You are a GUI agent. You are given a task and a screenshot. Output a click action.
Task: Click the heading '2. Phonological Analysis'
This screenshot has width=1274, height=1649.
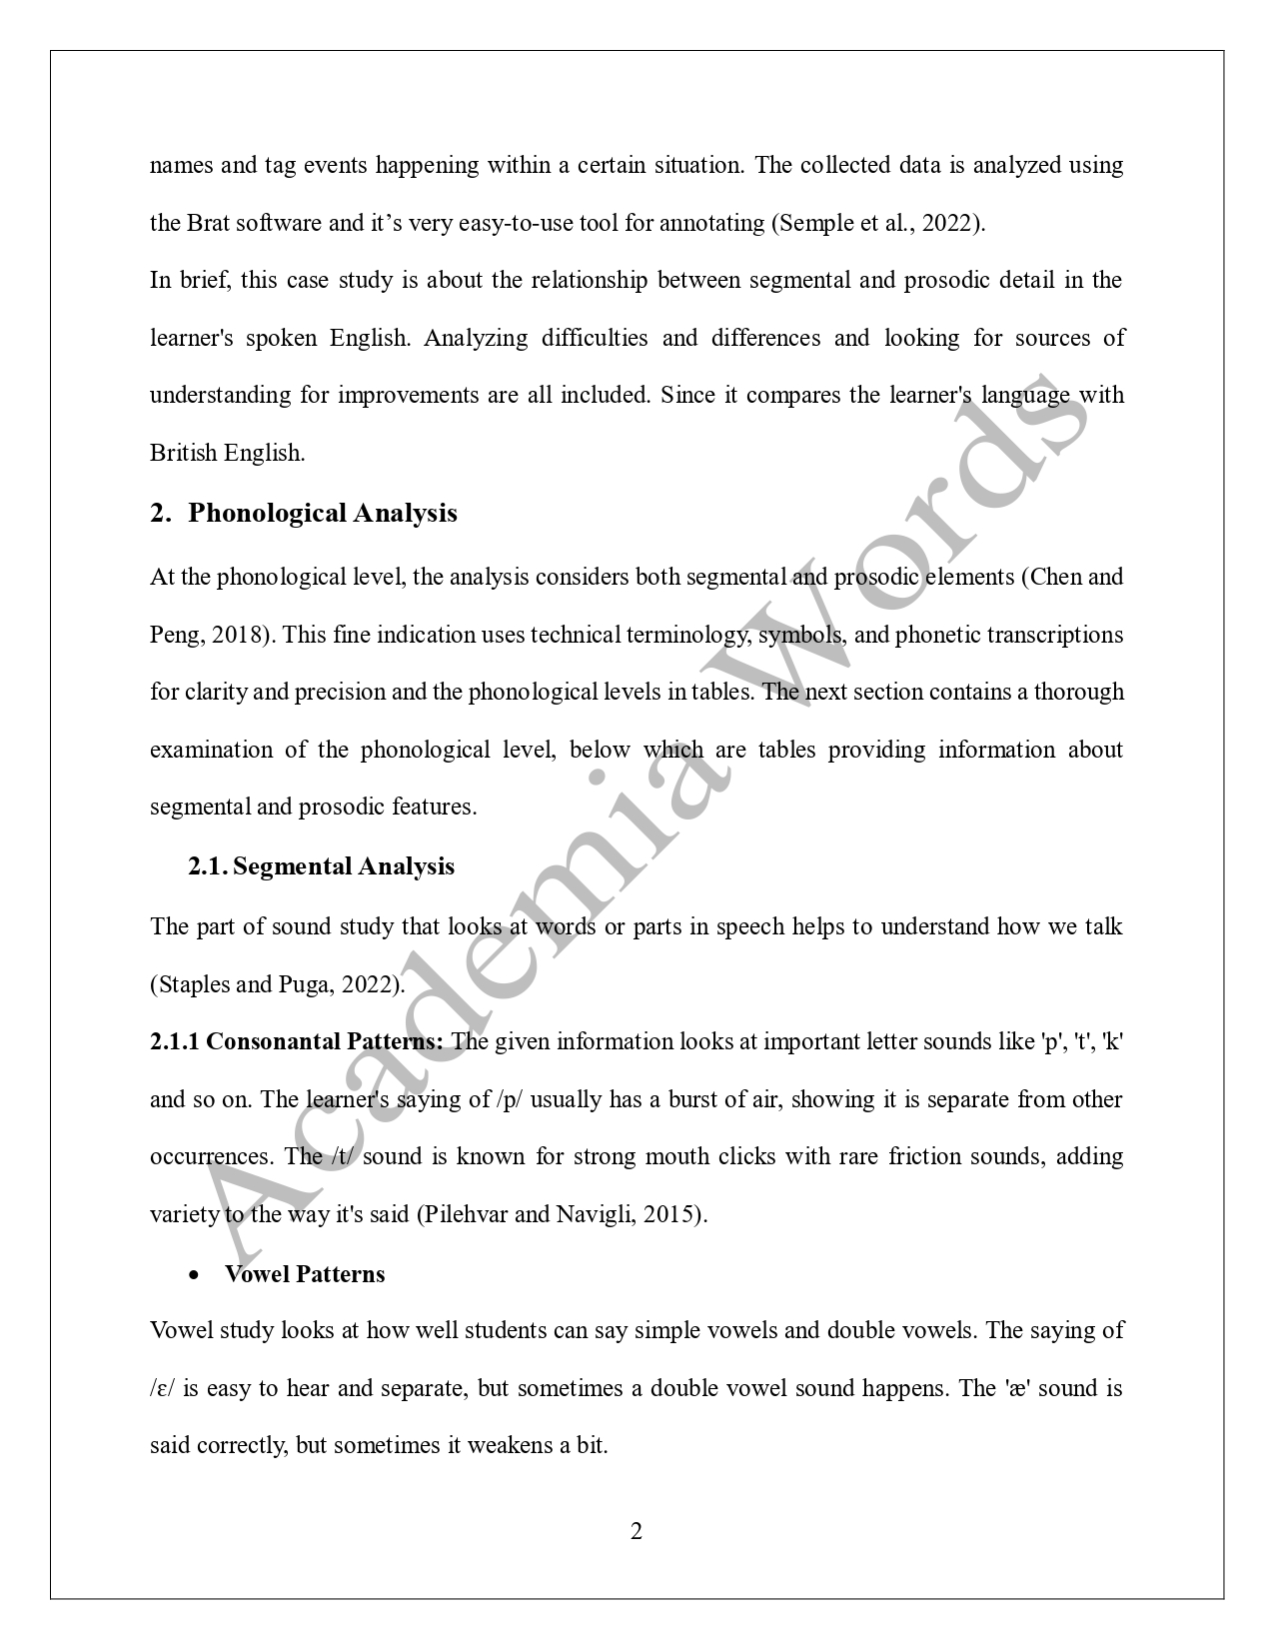(304, 513)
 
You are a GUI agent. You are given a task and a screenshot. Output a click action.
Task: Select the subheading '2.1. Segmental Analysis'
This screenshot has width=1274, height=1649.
(321, 866)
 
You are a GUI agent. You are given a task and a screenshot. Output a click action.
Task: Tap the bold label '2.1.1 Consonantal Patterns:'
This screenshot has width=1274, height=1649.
(297, 1041)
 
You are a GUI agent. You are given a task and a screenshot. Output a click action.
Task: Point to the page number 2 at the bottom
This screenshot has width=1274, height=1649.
(637, 1531)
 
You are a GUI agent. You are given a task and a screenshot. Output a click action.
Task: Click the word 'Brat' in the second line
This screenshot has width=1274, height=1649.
(209, 223)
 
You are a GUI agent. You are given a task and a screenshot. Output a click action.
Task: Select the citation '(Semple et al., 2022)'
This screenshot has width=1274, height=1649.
(877, 223)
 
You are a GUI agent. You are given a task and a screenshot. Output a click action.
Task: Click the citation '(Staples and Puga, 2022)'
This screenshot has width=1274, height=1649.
(278, 984)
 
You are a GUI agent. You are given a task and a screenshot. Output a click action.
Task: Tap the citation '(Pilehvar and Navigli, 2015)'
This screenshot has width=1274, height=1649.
(562, 1214)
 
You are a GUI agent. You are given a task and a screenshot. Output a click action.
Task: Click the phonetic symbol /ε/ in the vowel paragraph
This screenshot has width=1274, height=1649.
(162, 1388)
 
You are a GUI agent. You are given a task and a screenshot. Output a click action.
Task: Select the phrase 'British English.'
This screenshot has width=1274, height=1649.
(227, 453)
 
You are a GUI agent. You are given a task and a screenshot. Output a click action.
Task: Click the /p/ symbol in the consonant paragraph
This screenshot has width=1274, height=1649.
(509, 1099)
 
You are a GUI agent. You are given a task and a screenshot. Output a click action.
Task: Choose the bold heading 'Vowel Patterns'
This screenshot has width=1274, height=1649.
(305, 1274)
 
